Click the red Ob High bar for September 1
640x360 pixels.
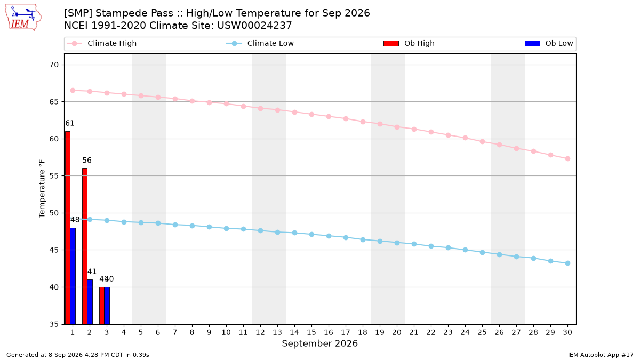pyautogui.click(x=68, y=228)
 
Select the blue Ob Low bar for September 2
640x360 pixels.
pyautogui.click(x=90, y=302)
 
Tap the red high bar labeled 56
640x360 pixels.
pyautogui.click(x=85, y=246)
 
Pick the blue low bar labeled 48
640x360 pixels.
pyautogui.click(x=73, y=276)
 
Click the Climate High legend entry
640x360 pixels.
pyautogui.click(x=102, y=43)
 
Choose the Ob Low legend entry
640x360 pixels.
pyautogui.click(x=549, y=43)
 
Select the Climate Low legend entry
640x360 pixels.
pyautogui.click(x=260, y=43)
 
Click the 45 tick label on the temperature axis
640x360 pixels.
pyautogui.click(x=54, y=250)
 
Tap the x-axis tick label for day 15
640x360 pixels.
pyautogui.click(x=311, y=332)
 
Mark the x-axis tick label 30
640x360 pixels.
pyautogui.click(x=567, y=332)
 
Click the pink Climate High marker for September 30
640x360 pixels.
pyautogui.click(x=567, y=159)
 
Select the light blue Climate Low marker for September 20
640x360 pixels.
pyautogui.click(x=397, y=243)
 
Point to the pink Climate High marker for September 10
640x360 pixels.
pyautogui.click(x=226, y=103)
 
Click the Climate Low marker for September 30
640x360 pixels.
pyautogui.click(x=567, y=263)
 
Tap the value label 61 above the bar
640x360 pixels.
pyautogui.click(x=70, y=123)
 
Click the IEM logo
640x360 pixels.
pyautogui.click(x=23, y=18)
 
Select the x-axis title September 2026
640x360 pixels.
pyautogui.click(x=319, y=343)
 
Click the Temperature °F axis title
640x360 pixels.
pyautogui.click(x=42, y=189)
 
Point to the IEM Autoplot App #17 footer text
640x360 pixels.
pyautogui.click(x=601, y=355)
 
